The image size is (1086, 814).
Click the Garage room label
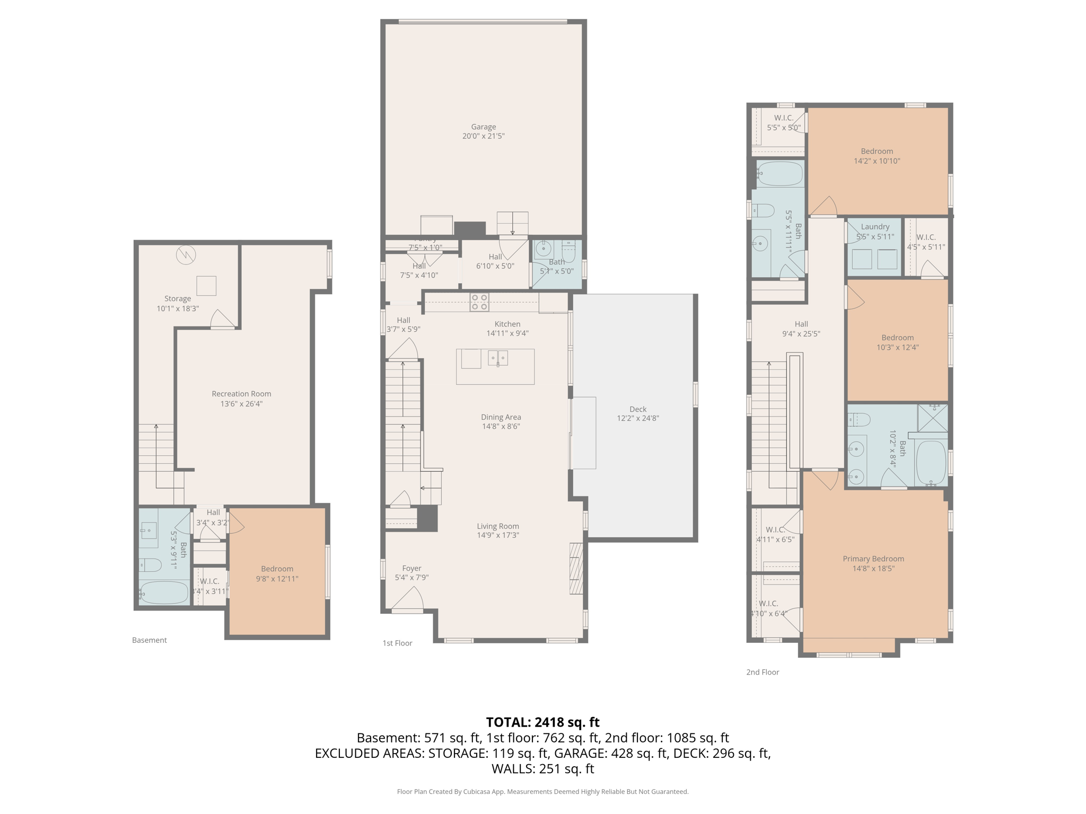(x=483, y=127)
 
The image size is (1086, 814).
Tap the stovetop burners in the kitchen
(x=479, y=302)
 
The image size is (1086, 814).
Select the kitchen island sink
(x=498, y=359)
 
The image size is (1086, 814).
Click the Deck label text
(x=638, y=409)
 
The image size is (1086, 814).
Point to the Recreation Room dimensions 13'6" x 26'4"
(x=241, y=404)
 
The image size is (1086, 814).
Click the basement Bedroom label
(x=277, y=569)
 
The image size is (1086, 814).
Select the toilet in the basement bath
(x=151, y=565)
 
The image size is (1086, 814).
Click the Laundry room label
(x=875, y=227)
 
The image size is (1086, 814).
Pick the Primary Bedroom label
(x=873, y=559)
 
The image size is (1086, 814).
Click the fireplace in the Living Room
(x=576, y=568)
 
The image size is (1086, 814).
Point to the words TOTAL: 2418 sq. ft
(x=542, y=722)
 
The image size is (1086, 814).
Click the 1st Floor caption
(x=397, y=643)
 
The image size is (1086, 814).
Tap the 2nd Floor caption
(x=763, y=672)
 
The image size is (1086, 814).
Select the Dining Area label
(x=501, y=417)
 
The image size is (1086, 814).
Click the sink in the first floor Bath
(x=544, y=248)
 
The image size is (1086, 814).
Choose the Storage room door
(x=222, y=320)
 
